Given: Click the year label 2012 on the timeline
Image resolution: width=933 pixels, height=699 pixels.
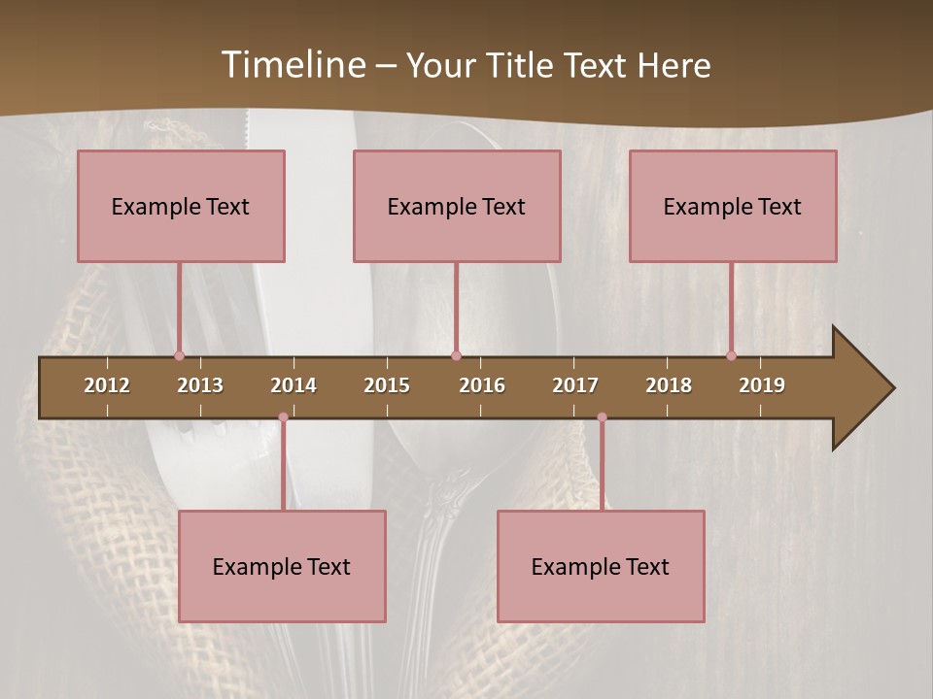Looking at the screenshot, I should click(107, 385).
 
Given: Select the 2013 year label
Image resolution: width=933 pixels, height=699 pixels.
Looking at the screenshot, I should click(200, 385).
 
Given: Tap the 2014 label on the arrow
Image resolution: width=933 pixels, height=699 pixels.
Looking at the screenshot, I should click(294, 385).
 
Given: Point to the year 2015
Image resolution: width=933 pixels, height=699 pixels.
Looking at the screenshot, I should click(387, 385).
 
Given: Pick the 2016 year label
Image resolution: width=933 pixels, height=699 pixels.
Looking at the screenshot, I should click(482, 385).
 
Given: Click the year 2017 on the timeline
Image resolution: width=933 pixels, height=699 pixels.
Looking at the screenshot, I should click(575, 385).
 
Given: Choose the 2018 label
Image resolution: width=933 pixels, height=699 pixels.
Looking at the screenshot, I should click(669, 385).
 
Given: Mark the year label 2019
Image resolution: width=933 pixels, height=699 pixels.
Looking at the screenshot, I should click(762, 385).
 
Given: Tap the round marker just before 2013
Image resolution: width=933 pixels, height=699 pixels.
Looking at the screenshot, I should click(179, 355).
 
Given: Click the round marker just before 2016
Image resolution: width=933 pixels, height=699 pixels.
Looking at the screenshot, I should click(456, 355).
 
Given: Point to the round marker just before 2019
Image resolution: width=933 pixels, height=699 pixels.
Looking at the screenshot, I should click(732, 355).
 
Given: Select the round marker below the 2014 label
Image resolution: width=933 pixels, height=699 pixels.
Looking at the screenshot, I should click(283, 417).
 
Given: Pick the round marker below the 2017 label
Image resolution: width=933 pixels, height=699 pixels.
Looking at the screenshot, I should click(602, 417).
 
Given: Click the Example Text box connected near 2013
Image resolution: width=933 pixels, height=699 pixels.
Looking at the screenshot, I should click(181, 206).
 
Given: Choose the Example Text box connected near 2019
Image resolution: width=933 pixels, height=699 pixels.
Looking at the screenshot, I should click(733, 206).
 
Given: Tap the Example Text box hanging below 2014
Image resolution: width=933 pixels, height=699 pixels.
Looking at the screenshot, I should click(282, 566).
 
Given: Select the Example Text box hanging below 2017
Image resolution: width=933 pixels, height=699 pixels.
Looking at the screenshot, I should click(601, 566).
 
